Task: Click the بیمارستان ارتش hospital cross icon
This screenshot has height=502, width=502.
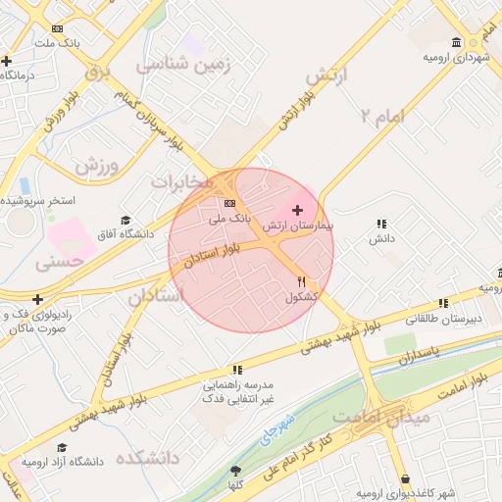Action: click(x=297, y=210)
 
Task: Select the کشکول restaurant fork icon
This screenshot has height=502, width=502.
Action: click(x=301, y=281)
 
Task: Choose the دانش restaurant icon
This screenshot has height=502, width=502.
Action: click(x=380, y=224)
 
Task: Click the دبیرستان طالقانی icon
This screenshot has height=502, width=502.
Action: click(x=444, y=303)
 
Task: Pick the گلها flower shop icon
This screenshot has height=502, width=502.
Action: click(x=234, y=473)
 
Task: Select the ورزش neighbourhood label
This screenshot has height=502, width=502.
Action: click(x=100, y=166)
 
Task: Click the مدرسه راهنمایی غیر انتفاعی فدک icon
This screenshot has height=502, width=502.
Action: click(x=237, y=370)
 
